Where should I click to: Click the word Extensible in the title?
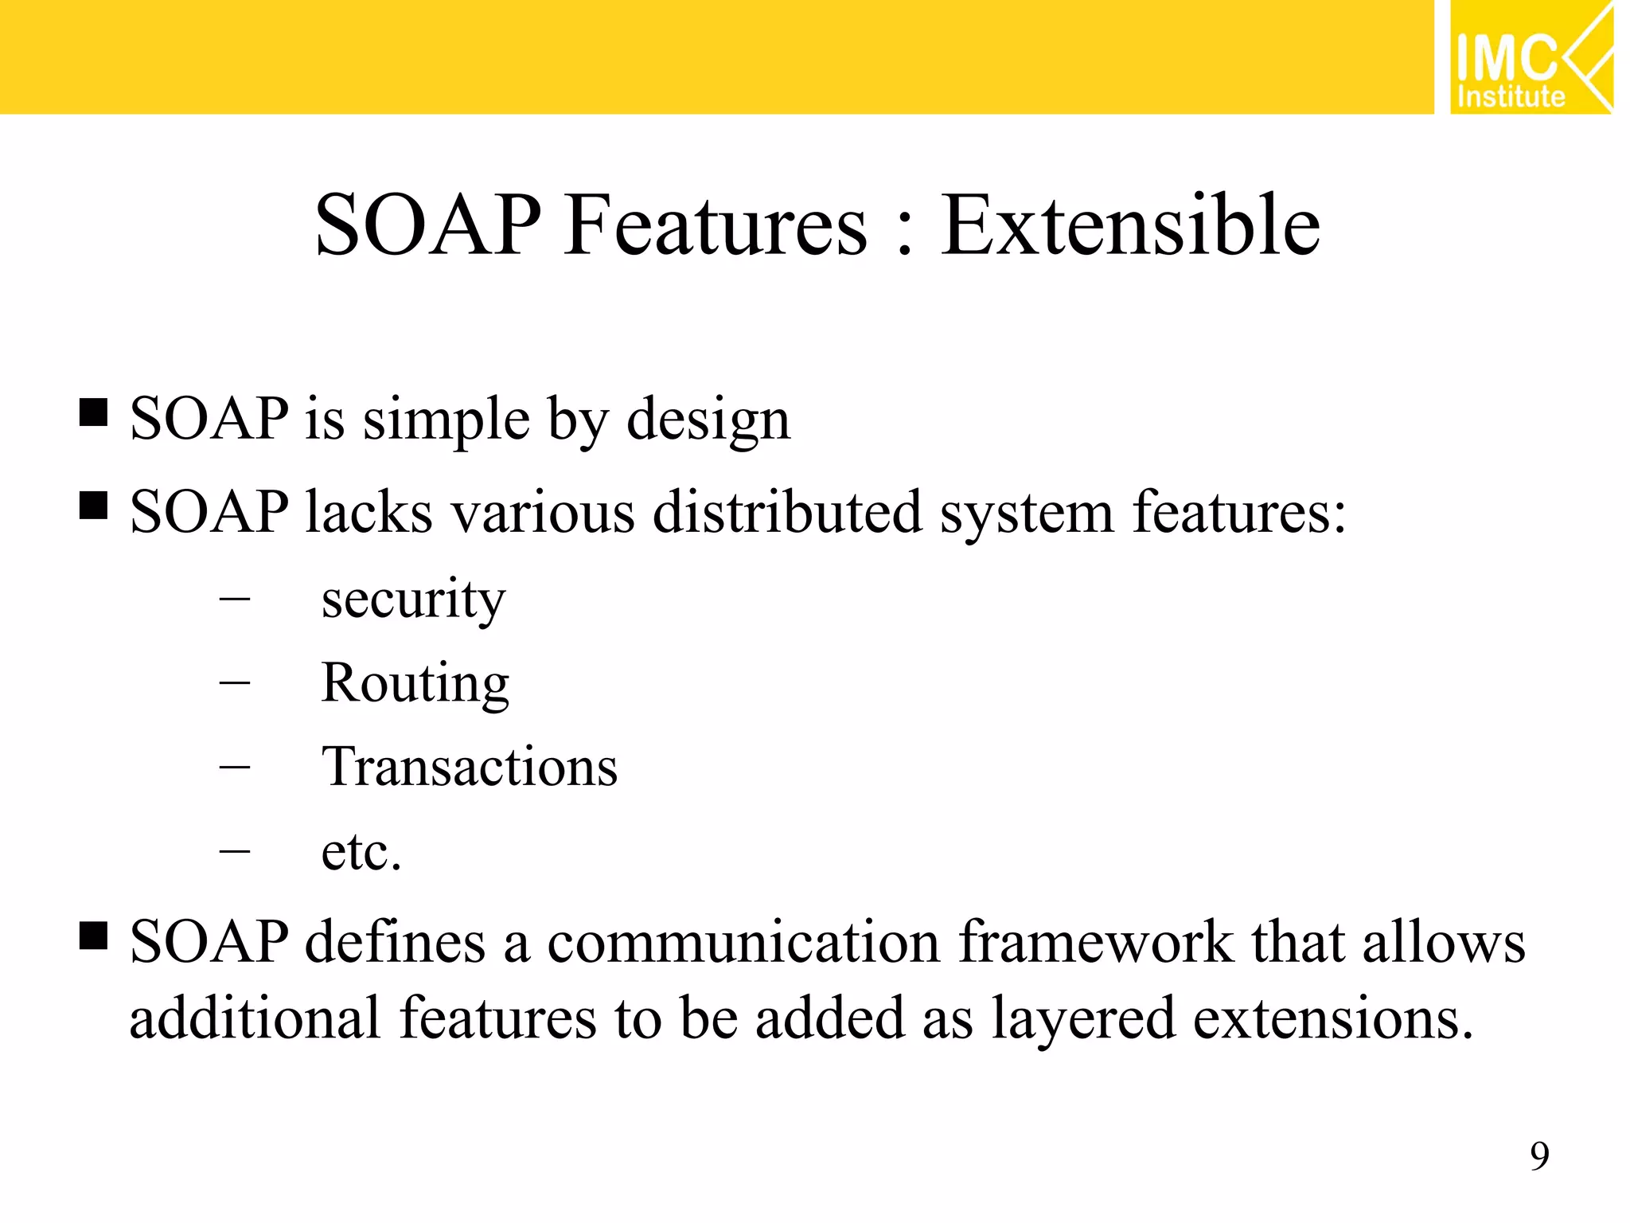(x=1130, y=226)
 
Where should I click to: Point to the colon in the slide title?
(x=903, y=235)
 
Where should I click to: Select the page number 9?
(x=1539, y=1156)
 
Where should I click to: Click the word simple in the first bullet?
(x=446, y=420)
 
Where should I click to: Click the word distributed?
(x=786, y=512)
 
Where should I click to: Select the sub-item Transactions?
(x=469, y=768)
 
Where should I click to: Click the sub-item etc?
(x=361, y=852)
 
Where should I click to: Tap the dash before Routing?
(x=234, y=683)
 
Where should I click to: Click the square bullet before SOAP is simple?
(x=94, y=413)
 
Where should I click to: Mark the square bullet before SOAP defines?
(x=94, y=936)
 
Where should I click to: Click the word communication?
(x=743, y=943)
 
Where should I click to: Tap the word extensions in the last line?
(x=1333, y=1018)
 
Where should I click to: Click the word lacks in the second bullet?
(x=369, y=512)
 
